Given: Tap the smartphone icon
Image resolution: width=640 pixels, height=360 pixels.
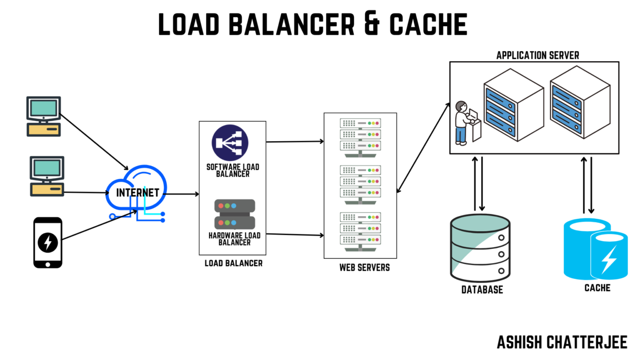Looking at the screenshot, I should point(48,243).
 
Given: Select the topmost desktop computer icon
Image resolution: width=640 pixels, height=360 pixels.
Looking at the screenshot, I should point(44,116).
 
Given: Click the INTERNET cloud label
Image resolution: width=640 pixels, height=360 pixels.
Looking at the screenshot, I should point(138,193).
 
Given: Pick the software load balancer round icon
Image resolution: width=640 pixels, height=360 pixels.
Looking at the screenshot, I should point(230,143).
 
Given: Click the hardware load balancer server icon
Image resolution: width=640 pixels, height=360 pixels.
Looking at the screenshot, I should point(234,214).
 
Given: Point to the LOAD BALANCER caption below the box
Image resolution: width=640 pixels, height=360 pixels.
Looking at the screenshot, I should point(233,263).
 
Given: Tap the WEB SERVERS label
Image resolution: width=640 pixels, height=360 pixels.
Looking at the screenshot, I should point(364,268).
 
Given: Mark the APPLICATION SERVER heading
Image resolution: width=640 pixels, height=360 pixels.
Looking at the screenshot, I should point(537,55).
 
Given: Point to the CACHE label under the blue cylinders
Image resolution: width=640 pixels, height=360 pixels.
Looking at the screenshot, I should point(597,288).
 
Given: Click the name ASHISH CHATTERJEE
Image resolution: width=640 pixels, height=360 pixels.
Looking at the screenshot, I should point(562,342).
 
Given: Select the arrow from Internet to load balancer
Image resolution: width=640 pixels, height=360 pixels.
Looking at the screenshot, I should point(182,194).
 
